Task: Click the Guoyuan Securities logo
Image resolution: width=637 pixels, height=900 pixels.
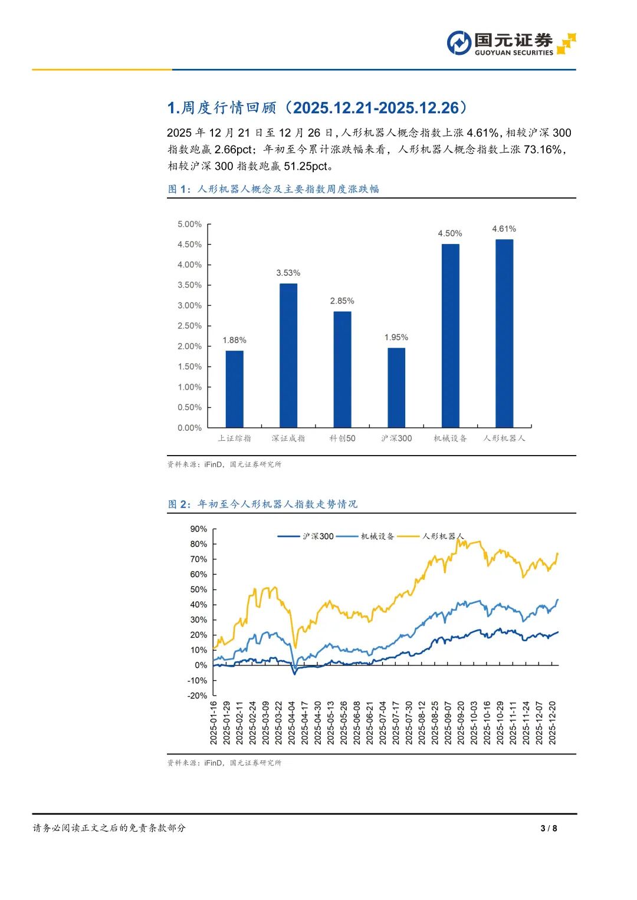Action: pyautogui.click(x=511, y=44)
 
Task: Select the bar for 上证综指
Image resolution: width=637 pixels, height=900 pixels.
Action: pyautogui.click(x=234, y=389)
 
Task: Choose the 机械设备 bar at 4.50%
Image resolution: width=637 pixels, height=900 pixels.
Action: pyautogui.click(x=450, y=336)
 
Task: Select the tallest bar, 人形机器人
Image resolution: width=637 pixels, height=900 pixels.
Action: pyautogui.click(x=504, y=334)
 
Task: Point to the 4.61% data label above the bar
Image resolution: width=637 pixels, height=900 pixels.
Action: pyautogui.click(x=504, y=229)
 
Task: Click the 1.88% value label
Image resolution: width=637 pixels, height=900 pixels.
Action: pyautogui.click(x=234, y=340)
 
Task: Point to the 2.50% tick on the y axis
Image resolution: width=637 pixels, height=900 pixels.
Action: pyautogui.click(x=189, y=326)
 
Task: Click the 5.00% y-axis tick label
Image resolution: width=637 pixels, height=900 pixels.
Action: pyautogui.click(x=189, y=225)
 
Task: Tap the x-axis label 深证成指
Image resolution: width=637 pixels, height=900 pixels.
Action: pyautogui.click(x=288, y=439)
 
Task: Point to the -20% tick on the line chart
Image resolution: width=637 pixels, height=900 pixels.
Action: pyautogui.click(x=198, y=695)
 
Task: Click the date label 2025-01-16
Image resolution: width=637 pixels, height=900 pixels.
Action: pyautogui.click(x=214, y=723)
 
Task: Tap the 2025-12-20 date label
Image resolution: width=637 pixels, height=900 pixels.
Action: pyautogui.click(x=553, y=723)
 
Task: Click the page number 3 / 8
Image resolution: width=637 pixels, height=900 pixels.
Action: pyautogui.click(x=549, y=828)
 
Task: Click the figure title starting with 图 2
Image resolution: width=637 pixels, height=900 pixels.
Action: pyautogui.click(x=262, y=504)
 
